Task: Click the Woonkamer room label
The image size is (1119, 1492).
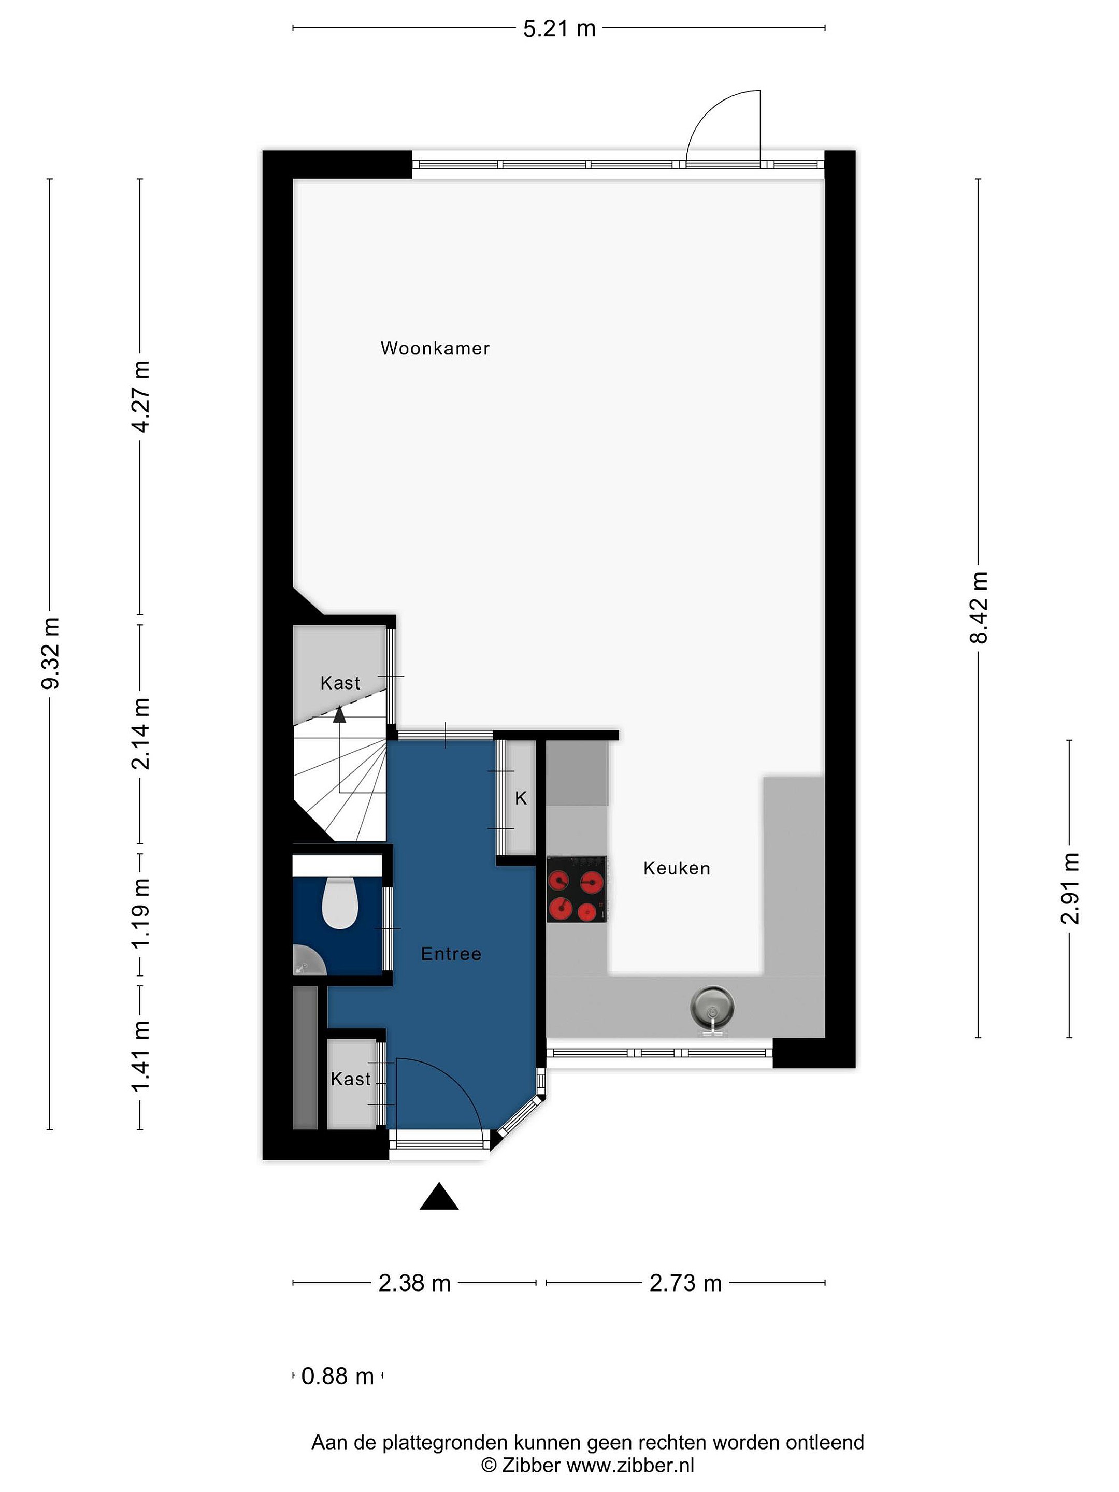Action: (x=435, y=348)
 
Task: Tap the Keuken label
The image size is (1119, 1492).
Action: (x=677, y=868)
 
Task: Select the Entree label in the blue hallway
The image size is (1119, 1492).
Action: (x=451, y=954)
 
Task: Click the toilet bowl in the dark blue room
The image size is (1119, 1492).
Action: (x=340, y=902)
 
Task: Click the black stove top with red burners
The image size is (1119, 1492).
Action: (x=577, y=890)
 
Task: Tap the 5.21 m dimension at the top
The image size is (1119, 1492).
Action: (x=559, y=28)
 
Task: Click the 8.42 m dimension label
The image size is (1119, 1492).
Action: (x=979, y=607)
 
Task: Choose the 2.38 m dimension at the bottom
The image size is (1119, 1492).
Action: (x=414, y=1283)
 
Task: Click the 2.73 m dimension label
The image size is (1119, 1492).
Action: (x=685, y=1283)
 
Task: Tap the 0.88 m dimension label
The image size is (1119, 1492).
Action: (x=337, y=1376)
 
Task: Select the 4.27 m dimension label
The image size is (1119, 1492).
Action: (x=141, y=397)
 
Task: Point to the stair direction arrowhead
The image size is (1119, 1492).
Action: (x=339, y=714)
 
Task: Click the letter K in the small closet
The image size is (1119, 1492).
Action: (x=521, y=799)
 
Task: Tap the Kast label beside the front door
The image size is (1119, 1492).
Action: (x=351, y=1079)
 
